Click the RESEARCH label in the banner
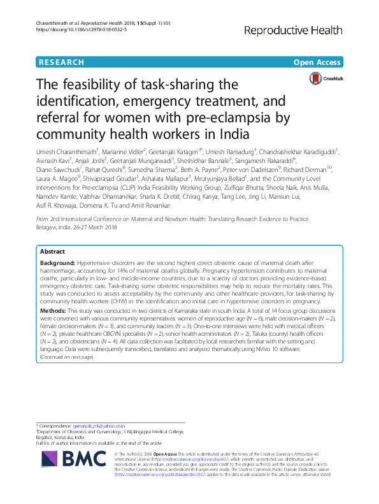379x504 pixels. tap(61, 62)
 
